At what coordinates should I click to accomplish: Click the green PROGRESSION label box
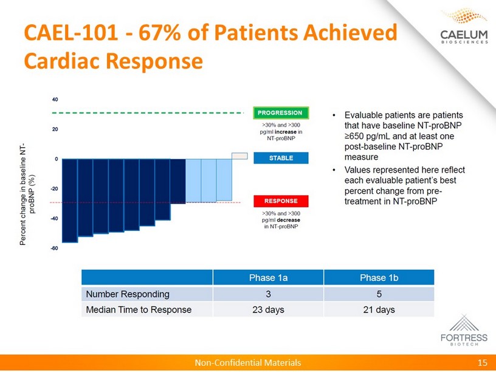click(x=280, y=112)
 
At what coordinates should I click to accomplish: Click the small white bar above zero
click(x=239, y=156)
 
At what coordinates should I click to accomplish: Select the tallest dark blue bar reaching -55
click(x=70, y=201)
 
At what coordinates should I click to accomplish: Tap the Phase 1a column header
click(x=268, y=278)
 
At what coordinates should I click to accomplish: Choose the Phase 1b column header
click(x=380, y=278)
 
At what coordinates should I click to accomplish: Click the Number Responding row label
click(x=128, y=294)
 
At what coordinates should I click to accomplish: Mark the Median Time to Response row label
click(x=139, y=309)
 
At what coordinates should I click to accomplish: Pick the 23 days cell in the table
click(x=268, y=309)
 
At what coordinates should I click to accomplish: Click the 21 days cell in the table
click(x=380, y=309)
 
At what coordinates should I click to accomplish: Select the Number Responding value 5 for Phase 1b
click(x=380, y=294)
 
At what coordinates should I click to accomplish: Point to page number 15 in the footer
click(x=483, y=363)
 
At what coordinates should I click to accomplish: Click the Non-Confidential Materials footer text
click(x=247, y=363)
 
